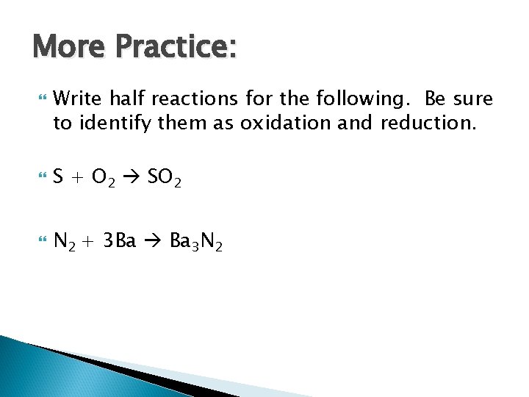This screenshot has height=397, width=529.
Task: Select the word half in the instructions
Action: (127, 98)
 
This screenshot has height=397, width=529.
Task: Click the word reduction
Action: (428, 123)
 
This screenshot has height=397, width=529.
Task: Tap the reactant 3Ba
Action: (119, 240)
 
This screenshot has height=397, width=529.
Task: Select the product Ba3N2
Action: (195, 241)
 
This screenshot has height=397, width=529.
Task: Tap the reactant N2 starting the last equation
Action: (65, 241)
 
